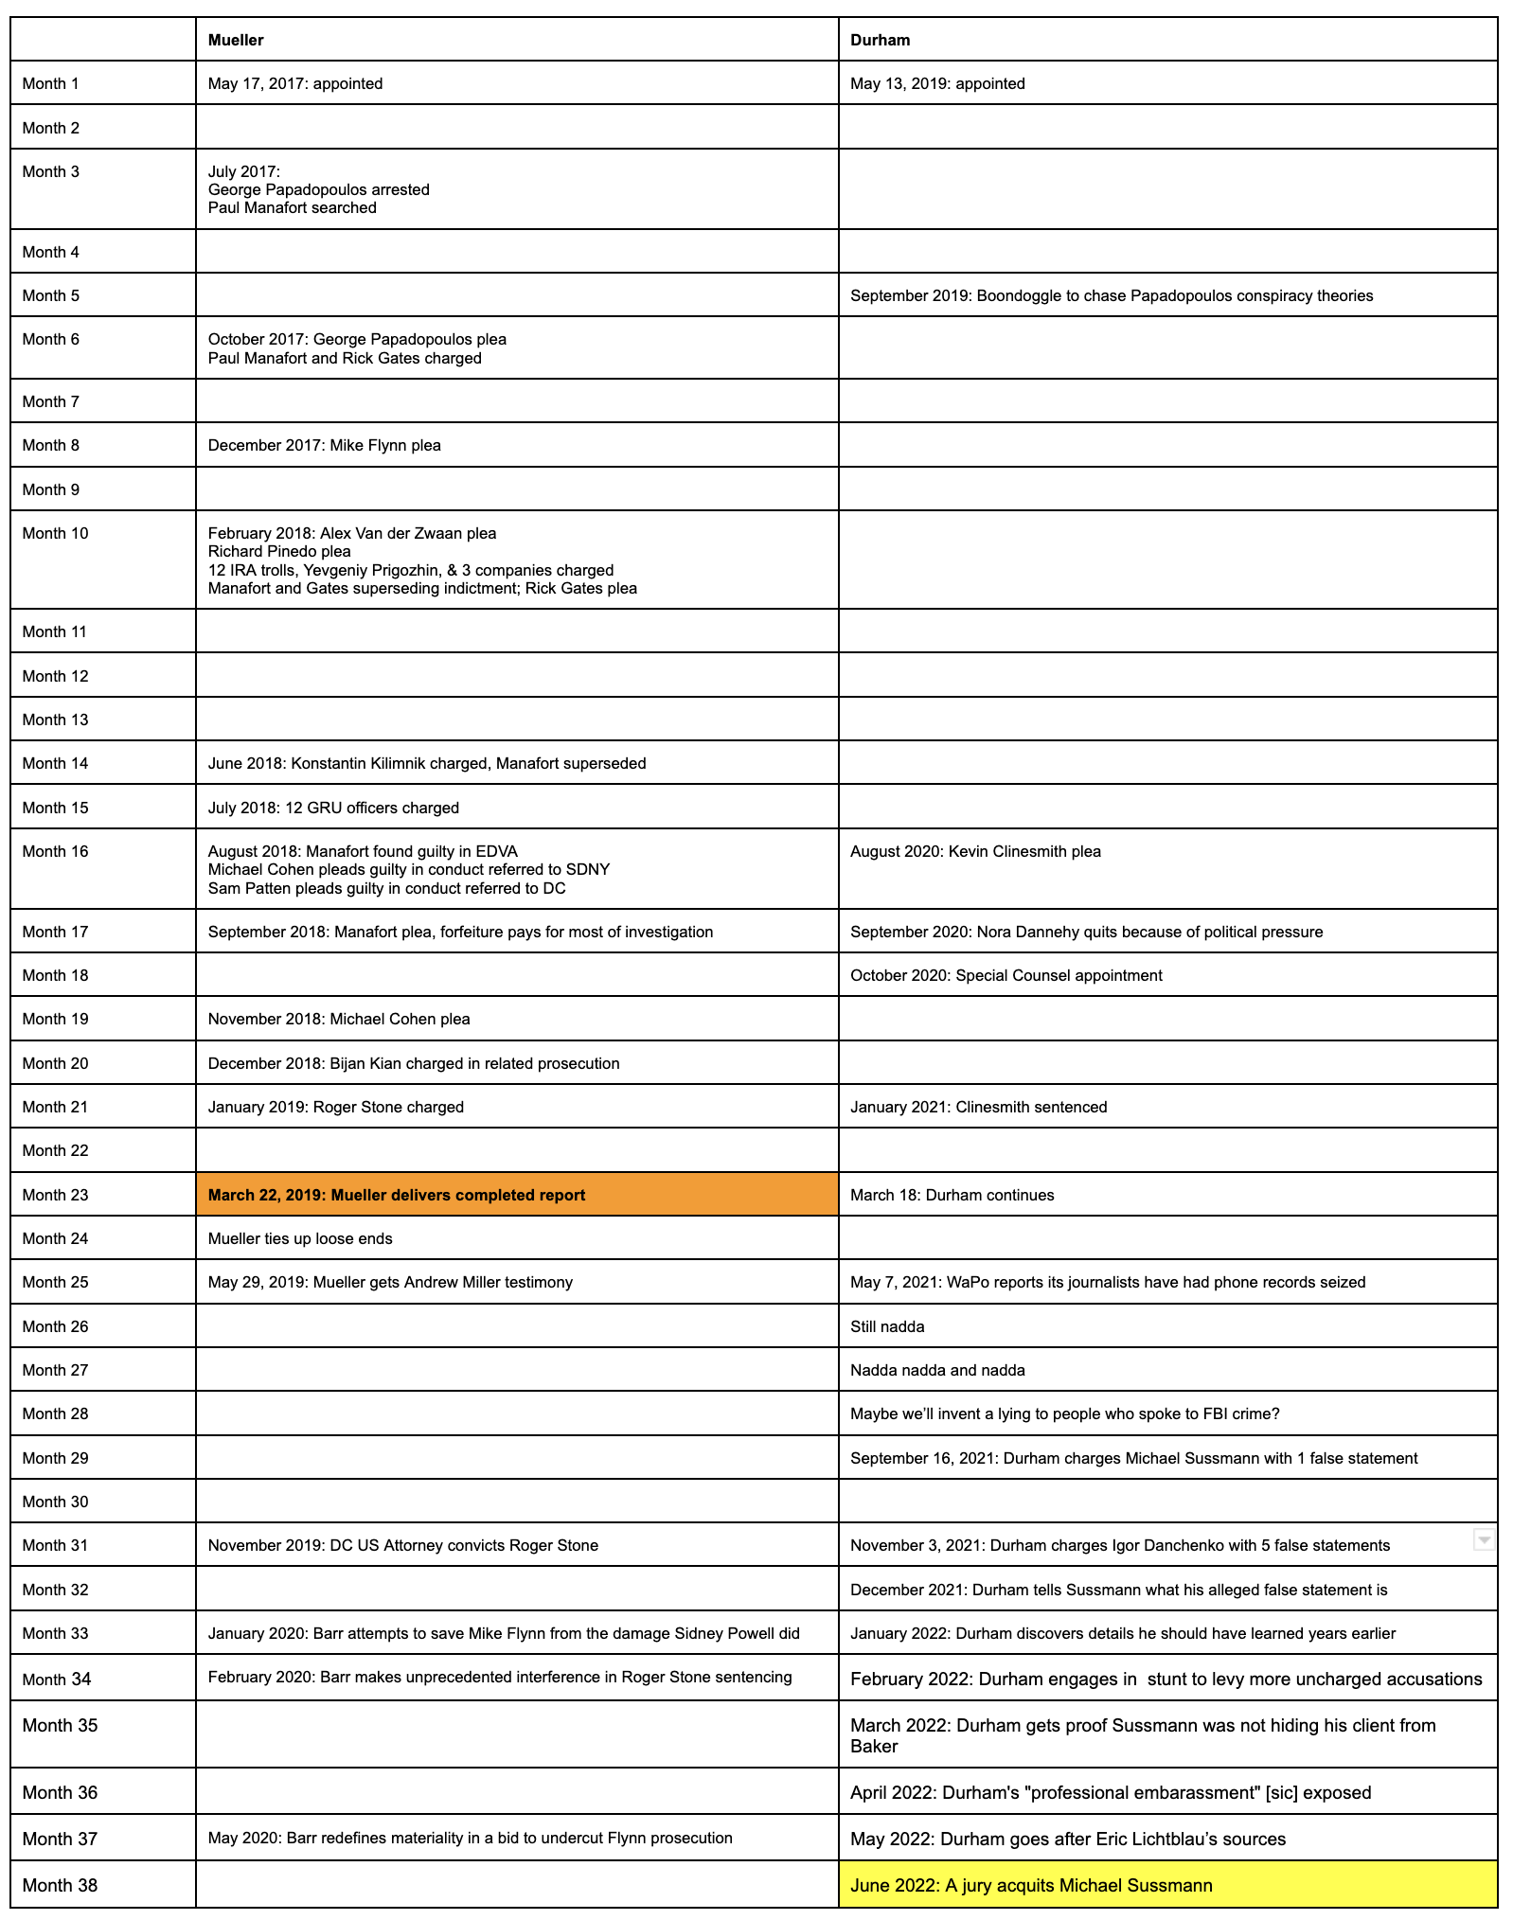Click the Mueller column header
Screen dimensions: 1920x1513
click(236, 40)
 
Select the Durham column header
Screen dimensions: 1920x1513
click(880, 40)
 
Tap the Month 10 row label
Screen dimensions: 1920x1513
click(55, 533)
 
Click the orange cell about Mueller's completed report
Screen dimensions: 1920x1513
click(517, 1195)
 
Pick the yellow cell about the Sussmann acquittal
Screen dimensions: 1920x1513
click(1166, 1885)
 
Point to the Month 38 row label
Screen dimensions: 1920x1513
click(60, 1885)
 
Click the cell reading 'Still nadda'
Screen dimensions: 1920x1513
click(887, 1326)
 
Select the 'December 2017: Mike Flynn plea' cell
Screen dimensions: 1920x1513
click(325, 445)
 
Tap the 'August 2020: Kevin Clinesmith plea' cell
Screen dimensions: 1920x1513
click(975, 851)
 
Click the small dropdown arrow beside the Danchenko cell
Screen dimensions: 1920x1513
click(1484, 1539)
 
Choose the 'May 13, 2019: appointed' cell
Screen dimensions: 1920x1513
click(937, 83)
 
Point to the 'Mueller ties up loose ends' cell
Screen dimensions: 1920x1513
click(300, 1238)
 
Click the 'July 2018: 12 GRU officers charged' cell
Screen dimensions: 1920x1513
click(333, 808)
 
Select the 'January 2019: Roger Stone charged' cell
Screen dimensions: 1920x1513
click(336, 1107)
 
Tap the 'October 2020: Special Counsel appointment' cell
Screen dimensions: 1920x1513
click(1006, 975)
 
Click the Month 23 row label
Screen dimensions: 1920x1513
click(55, 1195)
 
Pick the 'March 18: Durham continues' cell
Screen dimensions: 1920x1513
click(952, 1195)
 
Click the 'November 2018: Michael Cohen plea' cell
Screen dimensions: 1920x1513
click(339, 1019)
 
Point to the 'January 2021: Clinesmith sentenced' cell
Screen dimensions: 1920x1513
click(978, 1107)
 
